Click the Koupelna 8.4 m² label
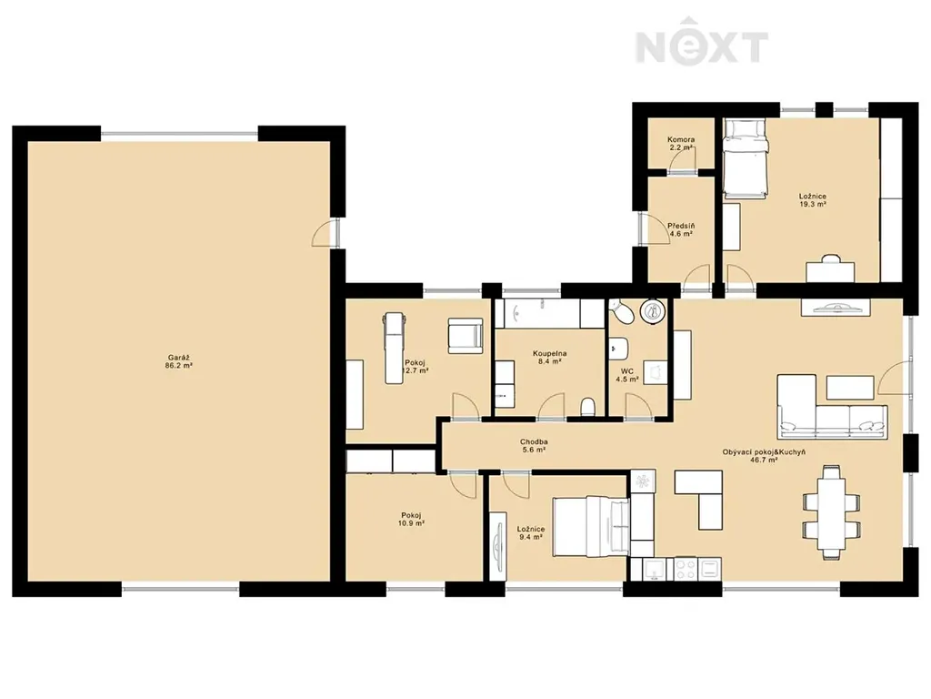pos(549,357)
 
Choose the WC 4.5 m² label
pos(627,375)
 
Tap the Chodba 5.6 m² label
pos(534,446)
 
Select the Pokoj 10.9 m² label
pos(412,520)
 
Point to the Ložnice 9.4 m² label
pos(531,532)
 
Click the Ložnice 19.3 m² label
pos(813,199)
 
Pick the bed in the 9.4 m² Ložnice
pos(591,527)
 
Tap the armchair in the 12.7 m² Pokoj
pos(465,336)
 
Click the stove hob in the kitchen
pos(686,569)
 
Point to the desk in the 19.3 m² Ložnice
pos(830,271)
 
